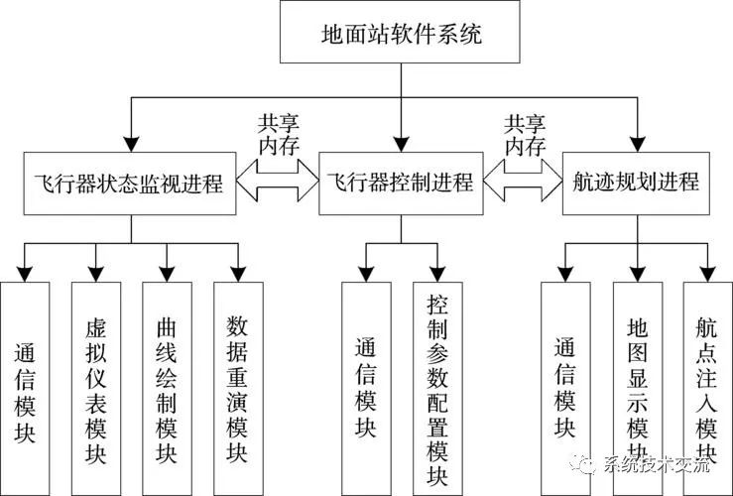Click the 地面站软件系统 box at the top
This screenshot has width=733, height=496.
[x=401, y=35]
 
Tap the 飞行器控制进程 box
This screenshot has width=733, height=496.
[x=401, y=183]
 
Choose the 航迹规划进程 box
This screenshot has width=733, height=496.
[x=636, y=183]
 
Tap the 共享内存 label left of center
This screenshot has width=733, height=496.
[x=279, y=133]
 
